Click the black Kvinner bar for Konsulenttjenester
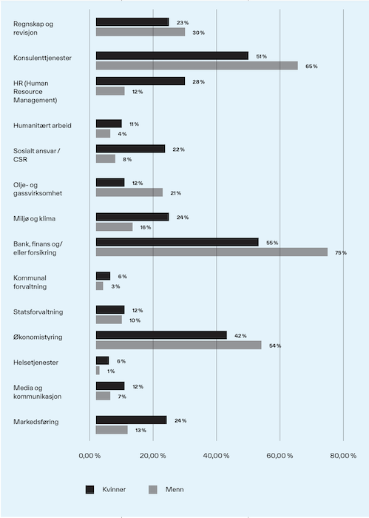[x=172, y=55]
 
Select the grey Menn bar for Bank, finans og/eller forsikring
[x=211, y=252]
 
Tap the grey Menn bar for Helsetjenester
[x=98, y=371]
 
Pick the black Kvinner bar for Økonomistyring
[x=161, y=335]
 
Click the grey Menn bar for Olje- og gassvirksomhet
[x=129, y=192]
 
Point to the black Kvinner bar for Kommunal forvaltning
[x=103, y=276]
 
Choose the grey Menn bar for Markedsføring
[x=112, y=430]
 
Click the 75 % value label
[x=341, y=253]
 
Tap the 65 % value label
[x=311, y=67]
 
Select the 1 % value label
[x=111, y=371]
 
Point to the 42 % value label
[x=240, y=336]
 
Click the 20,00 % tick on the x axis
[x=153, y=456]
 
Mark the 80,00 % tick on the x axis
[x=343, y=456]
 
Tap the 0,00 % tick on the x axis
[x=89, y=456]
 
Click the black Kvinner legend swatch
[x=89, y=490]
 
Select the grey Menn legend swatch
[x=153, y=490]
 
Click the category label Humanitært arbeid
[x=42, y=126]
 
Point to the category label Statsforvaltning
[x=38, y=312]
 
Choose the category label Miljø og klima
[x=34, y=219]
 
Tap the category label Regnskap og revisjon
[x=33, y=28]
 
